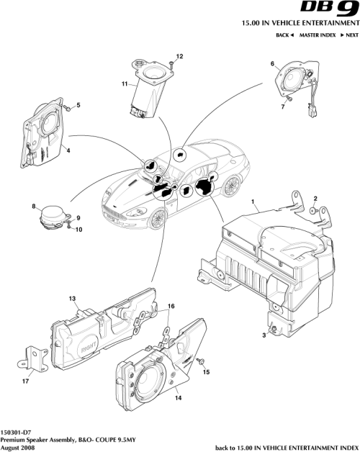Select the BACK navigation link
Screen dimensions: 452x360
286,35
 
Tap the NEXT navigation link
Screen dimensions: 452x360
349,35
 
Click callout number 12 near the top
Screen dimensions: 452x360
180,56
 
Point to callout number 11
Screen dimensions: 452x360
125,84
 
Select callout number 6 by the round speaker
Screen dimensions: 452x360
273,64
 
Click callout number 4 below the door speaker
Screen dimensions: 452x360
68,150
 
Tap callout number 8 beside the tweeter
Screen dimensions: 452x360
33,207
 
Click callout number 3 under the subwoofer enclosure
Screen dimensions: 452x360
264,336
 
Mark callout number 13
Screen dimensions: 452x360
72,298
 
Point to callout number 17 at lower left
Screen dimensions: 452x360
25,381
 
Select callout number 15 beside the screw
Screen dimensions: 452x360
206,373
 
